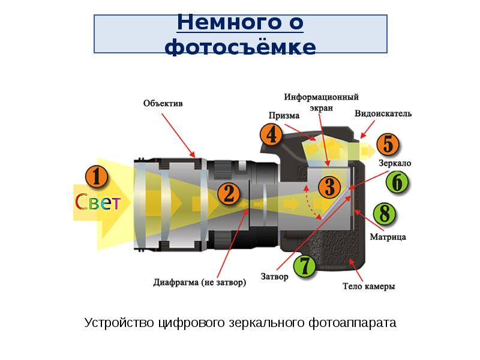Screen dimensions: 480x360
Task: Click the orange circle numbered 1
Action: [97, 176]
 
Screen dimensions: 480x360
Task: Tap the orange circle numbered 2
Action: [229, 194]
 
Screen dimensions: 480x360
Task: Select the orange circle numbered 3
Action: [329, 187]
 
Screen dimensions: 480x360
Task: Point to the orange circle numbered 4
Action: [272, 134]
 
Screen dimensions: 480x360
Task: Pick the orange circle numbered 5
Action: [388, 144]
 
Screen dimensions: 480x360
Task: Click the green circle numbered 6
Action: [397, 182]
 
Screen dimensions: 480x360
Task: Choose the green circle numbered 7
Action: [305, 266]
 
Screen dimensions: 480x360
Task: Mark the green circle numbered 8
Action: [385, 214]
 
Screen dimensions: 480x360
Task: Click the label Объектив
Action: [163, 103]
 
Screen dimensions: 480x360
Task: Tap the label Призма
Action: [284, 116]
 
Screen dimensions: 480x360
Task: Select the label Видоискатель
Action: [383, 113]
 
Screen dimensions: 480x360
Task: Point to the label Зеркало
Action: [395, 163]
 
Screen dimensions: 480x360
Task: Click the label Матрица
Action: [388, 237]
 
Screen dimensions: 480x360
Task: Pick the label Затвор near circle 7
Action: [275, 277]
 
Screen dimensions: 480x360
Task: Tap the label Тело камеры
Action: [368, 286]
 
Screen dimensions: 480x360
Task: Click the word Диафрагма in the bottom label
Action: [176, 282]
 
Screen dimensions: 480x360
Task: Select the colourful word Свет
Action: [98, 202]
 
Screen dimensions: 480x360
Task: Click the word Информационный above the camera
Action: [321, 97]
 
